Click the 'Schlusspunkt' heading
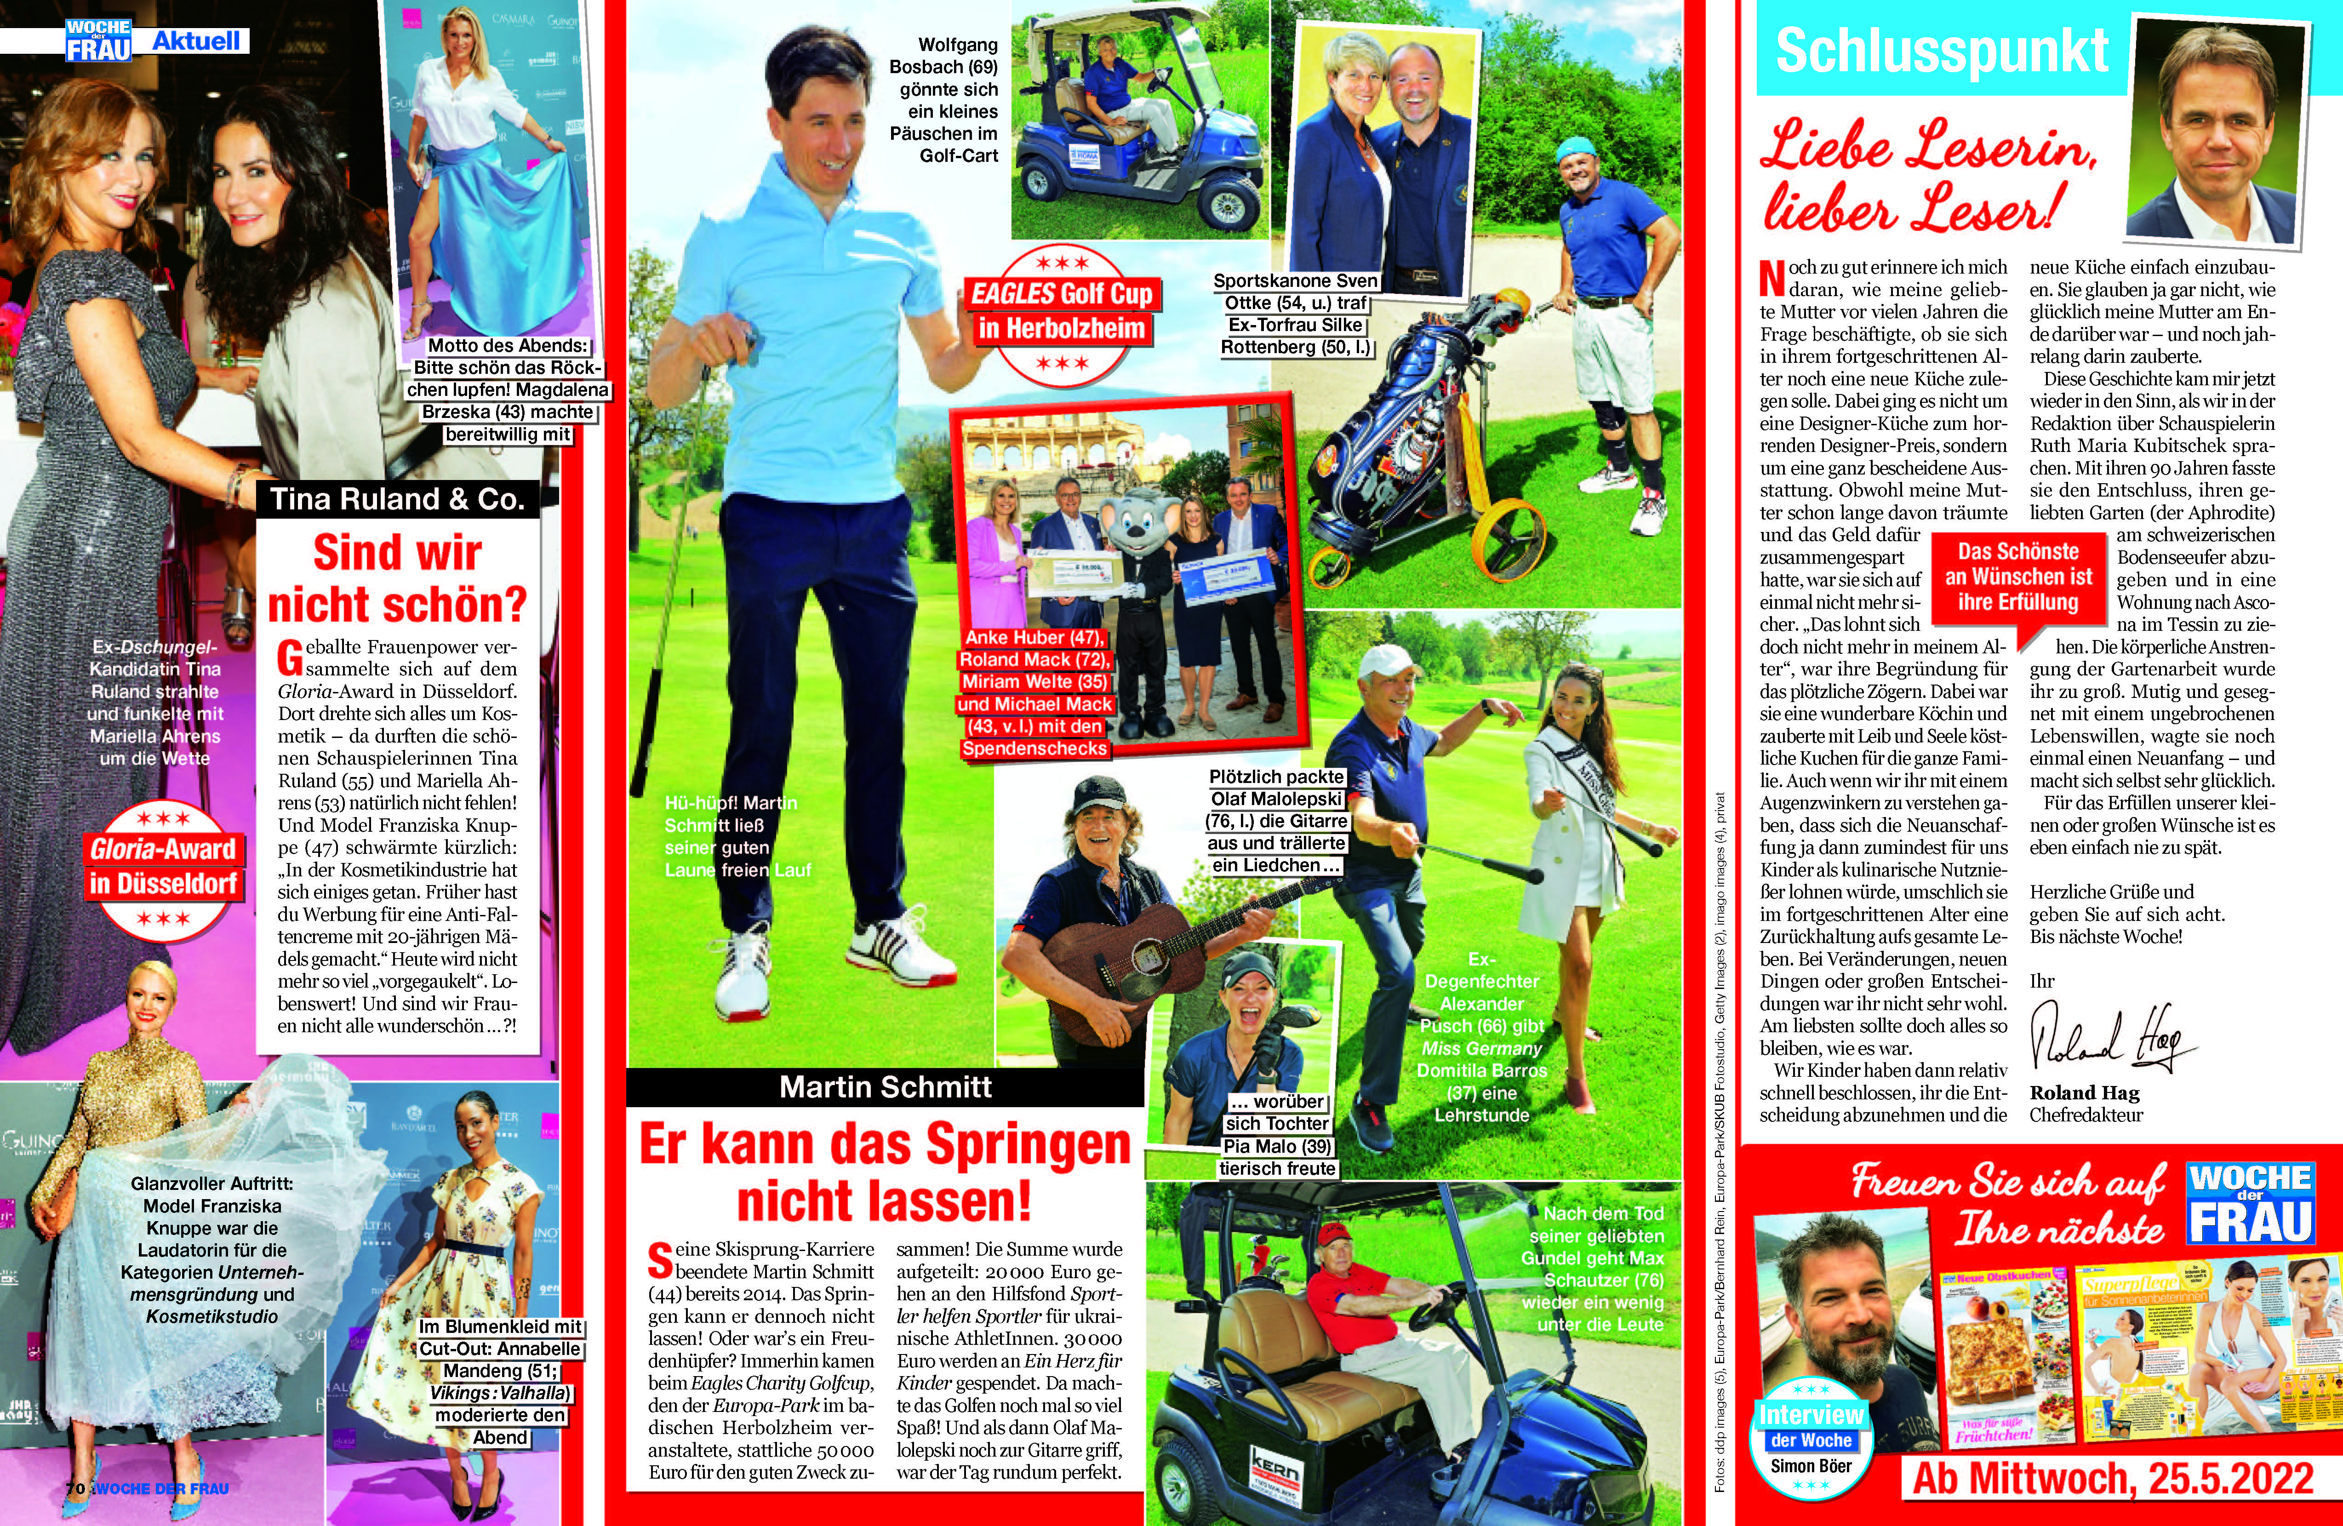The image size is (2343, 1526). (1941, 51)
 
